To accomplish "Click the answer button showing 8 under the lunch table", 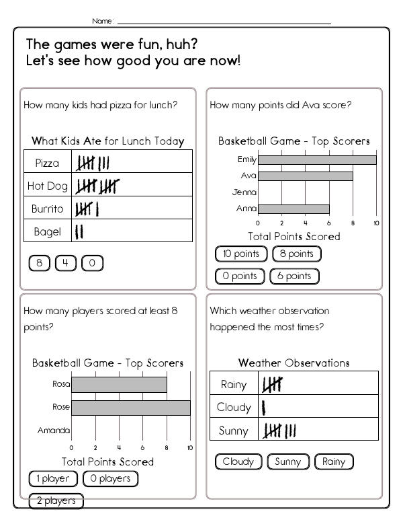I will [39, 263].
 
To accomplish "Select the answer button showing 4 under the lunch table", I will [66, 263].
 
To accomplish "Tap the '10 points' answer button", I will [241, 254].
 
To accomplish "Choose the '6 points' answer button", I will [294, 276].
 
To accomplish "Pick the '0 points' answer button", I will [240, 276].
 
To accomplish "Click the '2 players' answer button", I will [56, 501].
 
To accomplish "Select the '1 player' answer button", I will [53, 479].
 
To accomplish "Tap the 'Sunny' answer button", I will [288, 461].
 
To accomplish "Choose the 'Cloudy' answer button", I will [238, 461].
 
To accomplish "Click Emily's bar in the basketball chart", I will [317, 160].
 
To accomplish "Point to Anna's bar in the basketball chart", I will [294, 209].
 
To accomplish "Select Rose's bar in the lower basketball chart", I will [131, 408].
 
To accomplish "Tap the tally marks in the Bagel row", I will [79, 232].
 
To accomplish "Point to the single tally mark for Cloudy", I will [263, 407].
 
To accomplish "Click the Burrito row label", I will [47, 209].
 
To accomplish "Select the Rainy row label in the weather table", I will [234, 385].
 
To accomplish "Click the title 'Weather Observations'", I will [294, 363].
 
